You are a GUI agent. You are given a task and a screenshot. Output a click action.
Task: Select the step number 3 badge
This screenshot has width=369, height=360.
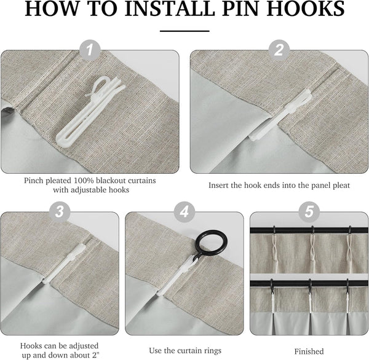point(60,211)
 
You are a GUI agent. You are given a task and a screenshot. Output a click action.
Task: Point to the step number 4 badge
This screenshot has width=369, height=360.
point(184,211)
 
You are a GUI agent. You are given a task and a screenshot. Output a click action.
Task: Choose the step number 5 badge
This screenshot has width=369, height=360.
point(308,211)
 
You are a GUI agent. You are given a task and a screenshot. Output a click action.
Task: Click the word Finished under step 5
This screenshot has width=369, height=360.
point(309,351)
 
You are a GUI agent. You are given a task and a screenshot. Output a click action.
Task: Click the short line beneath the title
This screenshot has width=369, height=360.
point(184,29)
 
